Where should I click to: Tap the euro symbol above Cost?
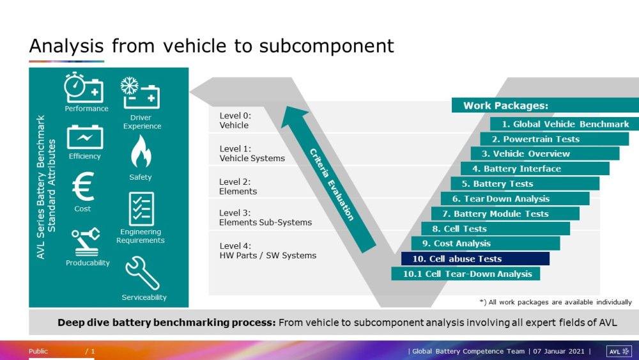click(83, 187)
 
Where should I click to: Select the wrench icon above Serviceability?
click(142, 273)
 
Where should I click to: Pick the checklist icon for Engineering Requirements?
click(141, 208)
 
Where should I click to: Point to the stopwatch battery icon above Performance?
click(84, 88)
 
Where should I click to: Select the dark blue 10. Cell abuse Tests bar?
click(475, 259)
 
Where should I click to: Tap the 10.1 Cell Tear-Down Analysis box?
click(465, 274)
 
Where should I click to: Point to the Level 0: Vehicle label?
click(235, 120)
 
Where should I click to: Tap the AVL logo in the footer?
click(619, 351)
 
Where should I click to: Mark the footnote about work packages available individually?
click(555, 302)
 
